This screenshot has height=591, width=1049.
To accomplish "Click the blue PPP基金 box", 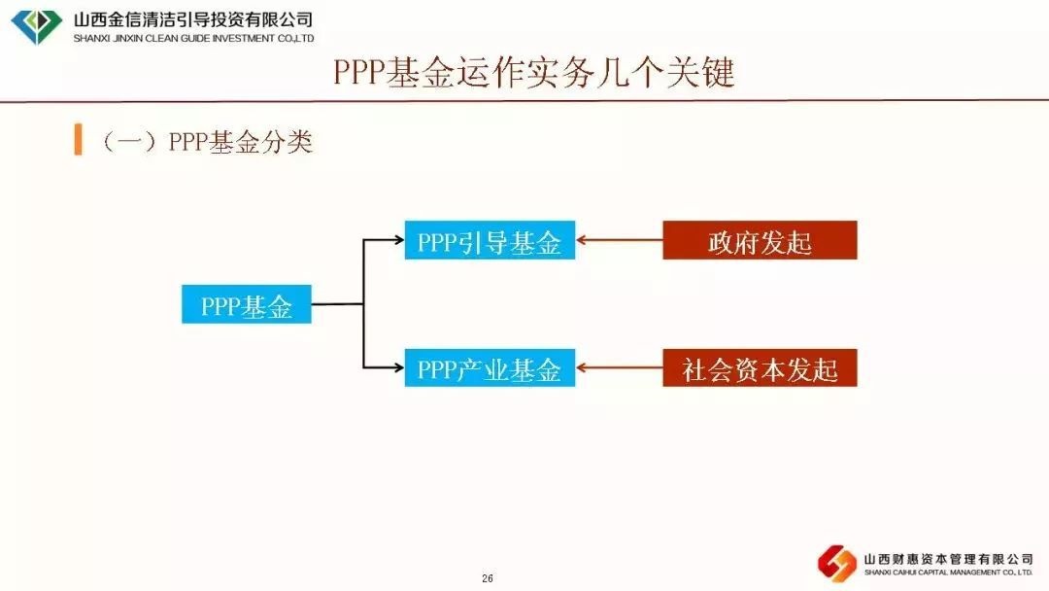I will [x=247, y=304].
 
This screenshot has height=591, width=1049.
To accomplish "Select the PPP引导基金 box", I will [x=490, y=240].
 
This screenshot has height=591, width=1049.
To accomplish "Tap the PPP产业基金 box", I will [x=490, y=367].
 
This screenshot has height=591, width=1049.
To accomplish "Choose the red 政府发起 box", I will [x=760, y=240].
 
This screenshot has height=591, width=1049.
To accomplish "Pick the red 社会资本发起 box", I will [x=760, y=367].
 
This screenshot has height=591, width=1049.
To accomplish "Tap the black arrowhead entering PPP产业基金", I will [x=398, y=367].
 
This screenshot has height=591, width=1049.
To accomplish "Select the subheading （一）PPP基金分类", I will [x=207, y=142].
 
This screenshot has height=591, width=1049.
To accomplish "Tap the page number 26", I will [x=488, y=578].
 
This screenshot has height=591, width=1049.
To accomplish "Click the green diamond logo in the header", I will [x=37, y=26].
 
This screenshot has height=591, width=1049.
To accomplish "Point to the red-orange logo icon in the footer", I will [x=836, y=563].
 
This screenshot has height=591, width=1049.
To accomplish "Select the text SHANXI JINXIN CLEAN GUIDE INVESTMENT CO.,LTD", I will [x=194, y=39].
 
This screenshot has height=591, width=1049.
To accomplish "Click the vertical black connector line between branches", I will [x=363, y=304].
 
